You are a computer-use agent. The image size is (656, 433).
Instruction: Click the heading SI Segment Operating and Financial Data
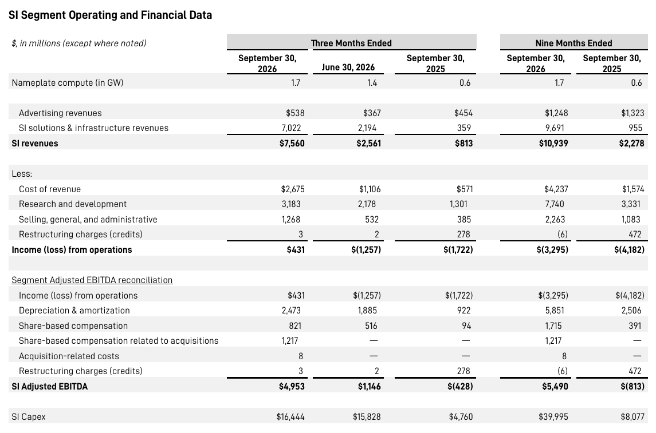(x=110, y=15)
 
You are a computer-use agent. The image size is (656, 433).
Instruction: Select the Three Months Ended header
(x=351, y=43)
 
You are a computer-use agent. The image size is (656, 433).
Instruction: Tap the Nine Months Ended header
(x=573, y=43)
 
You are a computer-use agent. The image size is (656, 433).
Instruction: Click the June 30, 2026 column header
(x=348, y=67)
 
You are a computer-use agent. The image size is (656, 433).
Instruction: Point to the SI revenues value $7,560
(x=292, y=143)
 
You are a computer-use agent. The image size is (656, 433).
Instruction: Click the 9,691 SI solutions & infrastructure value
(x=555, y=128)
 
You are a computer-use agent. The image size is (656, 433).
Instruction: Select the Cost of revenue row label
(x=50, y=189)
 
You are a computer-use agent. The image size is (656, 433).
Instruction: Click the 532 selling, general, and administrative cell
(x=372, y=219)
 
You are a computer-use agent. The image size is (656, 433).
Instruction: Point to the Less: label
(x=22, y=174)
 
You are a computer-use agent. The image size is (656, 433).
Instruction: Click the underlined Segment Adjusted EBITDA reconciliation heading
(x=92, y=280)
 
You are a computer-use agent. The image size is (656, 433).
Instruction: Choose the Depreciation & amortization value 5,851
(x=555, y=310)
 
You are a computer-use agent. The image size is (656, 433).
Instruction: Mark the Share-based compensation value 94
(x=466, y=325)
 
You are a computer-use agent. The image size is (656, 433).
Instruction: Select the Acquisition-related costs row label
(x=69, y=356)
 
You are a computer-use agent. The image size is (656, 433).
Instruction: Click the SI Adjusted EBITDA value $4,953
(x=292, y=386)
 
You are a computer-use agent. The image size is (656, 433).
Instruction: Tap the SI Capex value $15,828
(x=367, y=417)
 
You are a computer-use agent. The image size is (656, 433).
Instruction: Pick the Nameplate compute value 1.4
(x=372, y=83)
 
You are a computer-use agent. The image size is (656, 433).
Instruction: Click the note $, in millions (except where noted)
(x=79, y=43)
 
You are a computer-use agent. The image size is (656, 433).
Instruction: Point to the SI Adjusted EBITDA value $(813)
(x=633, y=386)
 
